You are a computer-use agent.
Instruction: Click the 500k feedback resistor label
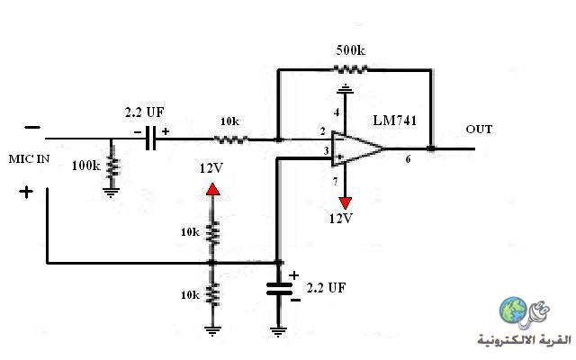350,50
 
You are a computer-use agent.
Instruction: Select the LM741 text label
394,121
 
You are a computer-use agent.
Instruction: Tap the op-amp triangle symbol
357,148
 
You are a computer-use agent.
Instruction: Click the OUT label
479,130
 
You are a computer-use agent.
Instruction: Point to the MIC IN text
29,159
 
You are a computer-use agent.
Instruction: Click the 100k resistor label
86,166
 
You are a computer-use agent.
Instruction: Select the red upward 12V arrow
213,189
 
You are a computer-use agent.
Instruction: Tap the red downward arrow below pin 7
346,203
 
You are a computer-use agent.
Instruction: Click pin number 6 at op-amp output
408,159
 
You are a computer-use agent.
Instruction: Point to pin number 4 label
337,112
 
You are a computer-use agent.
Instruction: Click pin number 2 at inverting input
322,131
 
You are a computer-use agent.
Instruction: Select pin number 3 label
326,150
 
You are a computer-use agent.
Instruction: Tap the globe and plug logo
524,312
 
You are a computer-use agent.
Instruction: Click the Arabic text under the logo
524,340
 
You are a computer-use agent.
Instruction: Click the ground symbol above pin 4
345,88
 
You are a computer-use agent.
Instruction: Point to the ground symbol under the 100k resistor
111,193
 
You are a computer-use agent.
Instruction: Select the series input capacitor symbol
150,138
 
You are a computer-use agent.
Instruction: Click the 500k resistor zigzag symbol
350,69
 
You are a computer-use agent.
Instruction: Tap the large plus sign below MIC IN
26,192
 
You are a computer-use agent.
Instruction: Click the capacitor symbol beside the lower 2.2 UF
279,289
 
